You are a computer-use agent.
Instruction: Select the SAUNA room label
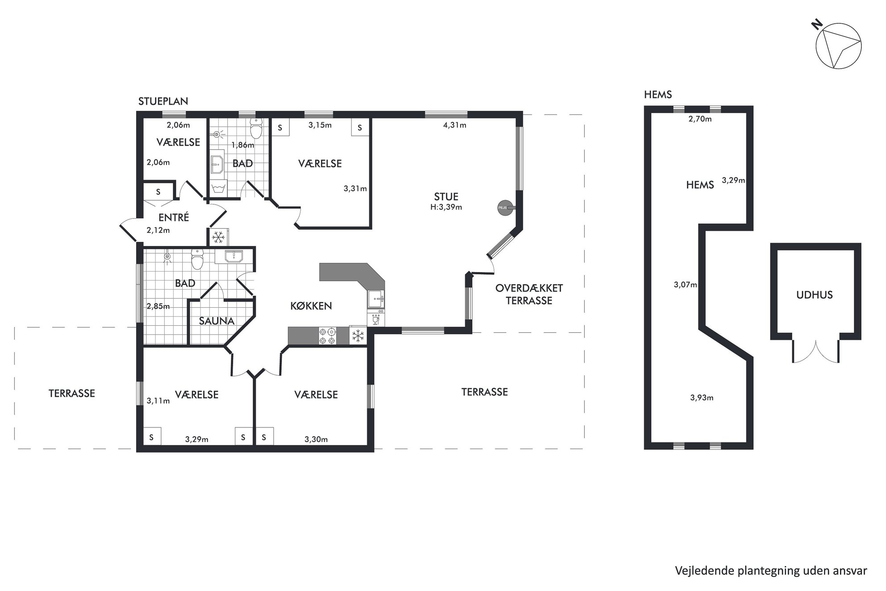pyautogui.click(x=217, y=321)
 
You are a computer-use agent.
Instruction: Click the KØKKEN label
pyautogui.click(x=311, y=306)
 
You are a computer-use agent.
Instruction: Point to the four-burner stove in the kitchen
pyautogui.click(x=327, y=336)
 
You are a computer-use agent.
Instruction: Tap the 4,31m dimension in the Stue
pyautogui.click(x=455, y=125)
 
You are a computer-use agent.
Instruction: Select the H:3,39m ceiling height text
pyautogui.click(x=446, y=207)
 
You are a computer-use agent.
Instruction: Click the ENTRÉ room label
pyautogui.click(x=174, y=218)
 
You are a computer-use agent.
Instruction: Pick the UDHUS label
pyautogui.click(x=814, y=295)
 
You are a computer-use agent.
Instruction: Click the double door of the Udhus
pyautogui.click(x=816, y=351)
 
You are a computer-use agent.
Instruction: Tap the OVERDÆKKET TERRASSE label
pyautogui.click(x=529, y=294)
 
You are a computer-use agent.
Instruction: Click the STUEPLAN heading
pyautogui.click(x=163, y=101)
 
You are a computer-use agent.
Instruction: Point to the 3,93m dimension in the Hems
pyautogui.click(x=702, y=398)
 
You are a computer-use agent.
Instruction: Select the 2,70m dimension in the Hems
pyautogui.click(x=700, y=119)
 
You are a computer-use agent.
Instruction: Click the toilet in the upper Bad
pyautogui.click(x=256, y=129)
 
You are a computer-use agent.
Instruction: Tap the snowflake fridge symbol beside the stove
pyautogui.click(x=358, y=336)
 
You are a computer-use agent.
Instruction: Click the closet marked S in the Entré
pyautogui.click(x=158, y=192)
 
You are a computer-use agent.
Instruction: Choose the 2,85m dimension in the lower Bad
pyautogui.click(x=158, y=306)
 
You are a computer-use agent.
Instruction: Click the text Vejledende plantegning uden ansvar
pyautogui.click(x=771, y=571)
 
